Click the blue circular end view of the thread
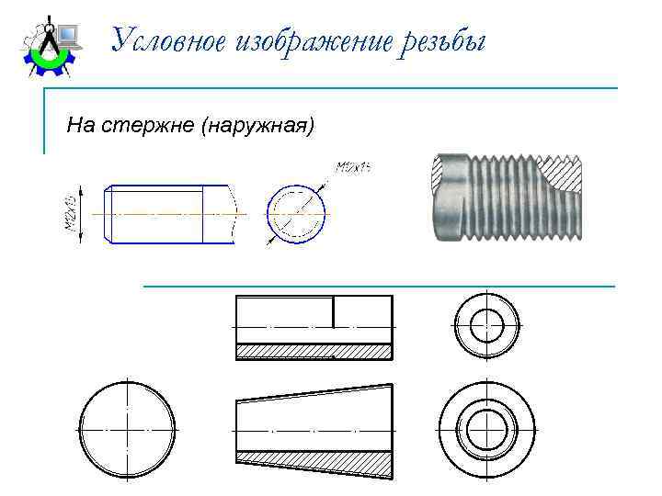[296, 214]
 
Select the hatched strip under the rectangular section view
[314, 351]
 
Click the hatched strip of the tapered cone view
[314, 462]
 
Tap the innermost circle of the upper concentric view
[485, 326]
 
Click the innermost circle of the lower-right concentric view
[486, 429]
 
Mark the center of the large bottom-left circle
[126, 430]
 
